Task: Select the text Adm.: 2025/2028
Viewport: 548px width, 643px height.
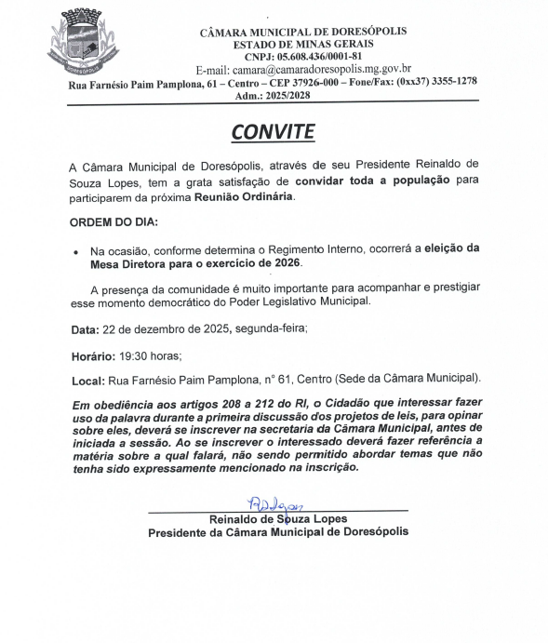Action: pos(275,95)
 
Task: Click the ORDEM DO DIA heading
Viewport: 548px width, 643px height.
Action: pos(114,223)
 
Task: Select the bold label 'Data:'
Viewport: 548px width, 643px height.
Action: pos(85,329)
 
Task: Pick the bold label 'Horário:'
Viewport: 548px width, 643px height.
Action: pos(93,355)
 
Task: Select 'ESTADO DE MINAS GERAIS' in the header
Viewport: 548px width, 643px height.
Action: pos(303,44)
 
